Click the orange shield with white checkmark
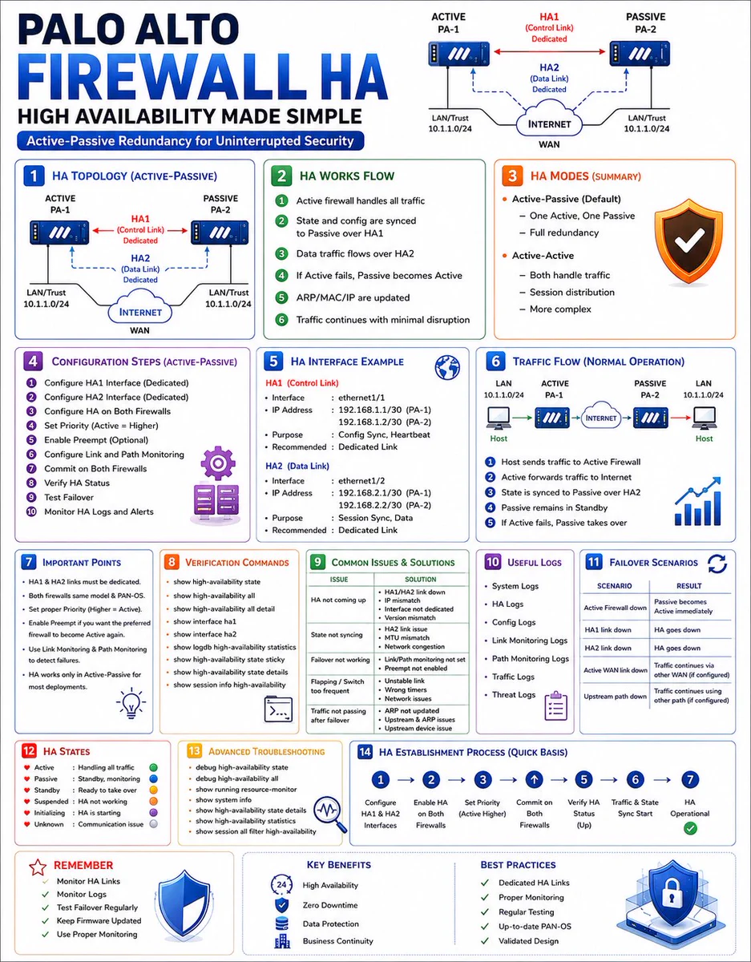tap(688, 240)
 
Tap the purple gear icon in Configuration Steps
tap(218, 463)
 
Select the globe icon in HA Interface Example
tap(447, 367)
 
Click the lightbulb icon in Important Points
tap(131, 702)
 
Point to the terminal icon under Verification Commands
tap(278, 709)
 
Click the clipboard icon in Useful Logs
tap(556, 705)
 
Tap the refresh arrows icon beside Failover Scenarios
tap(717, 564)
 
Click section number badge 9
tap(317, 562)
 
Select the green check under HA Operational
tap(690, 828)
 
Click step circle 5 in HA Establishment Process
tap(583, 779)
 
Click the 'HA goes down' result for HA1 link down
tap(677, 629)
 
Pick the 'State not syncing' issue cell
tap(337, 634)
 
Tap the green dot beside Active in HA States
tap(154, 768)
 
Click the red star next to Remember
tap(38, 867)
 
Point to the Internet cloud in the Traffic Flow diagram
tap(601, 416)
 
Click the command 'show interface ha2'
tap(205, 634)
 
